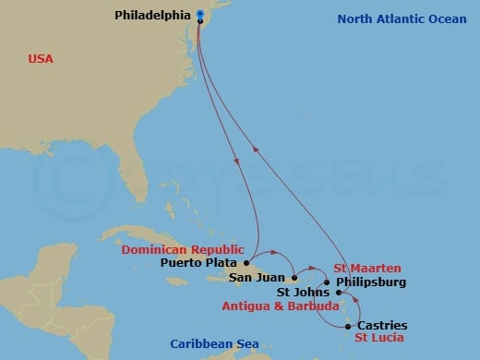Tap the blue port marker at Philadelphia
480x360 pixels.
200,14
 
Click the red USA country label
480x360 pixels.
41,59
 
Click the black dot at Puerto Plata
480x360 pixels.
246,262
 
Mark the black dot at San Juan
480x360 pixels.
294,277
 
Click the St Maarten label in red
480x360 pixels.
367,268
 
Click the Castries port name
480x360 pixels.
381,326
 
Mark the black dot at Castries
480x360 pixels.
348,326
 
